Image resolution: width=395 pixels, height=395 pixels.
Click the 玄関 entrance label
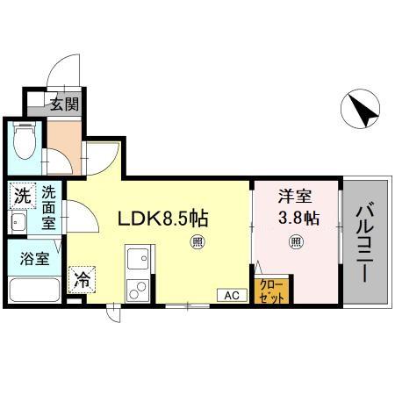coord(64,105)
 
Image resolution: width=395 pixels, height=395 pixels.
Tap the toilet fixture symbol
coord(24,141)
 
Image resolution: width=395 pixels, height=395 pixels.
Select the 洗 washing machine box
coord(20,197)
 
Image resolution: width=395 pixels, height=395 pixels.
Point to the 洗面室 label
coord(48,209)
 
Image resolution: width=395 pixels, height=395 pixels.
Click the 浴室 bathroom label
coord(36,259)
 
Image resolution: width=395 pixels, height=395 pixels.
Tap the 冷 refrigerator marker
coord(82,281)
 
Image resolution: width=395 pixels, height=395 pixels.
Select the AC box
coord(232,295)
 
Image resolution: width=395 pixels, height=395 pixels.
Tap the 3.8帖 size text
coord(297,216)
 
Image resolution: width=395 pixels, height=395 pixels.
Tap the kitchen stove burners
coord(137,287)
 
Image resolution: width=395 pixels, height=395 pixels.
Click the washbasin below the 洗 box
coord(19,223)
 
